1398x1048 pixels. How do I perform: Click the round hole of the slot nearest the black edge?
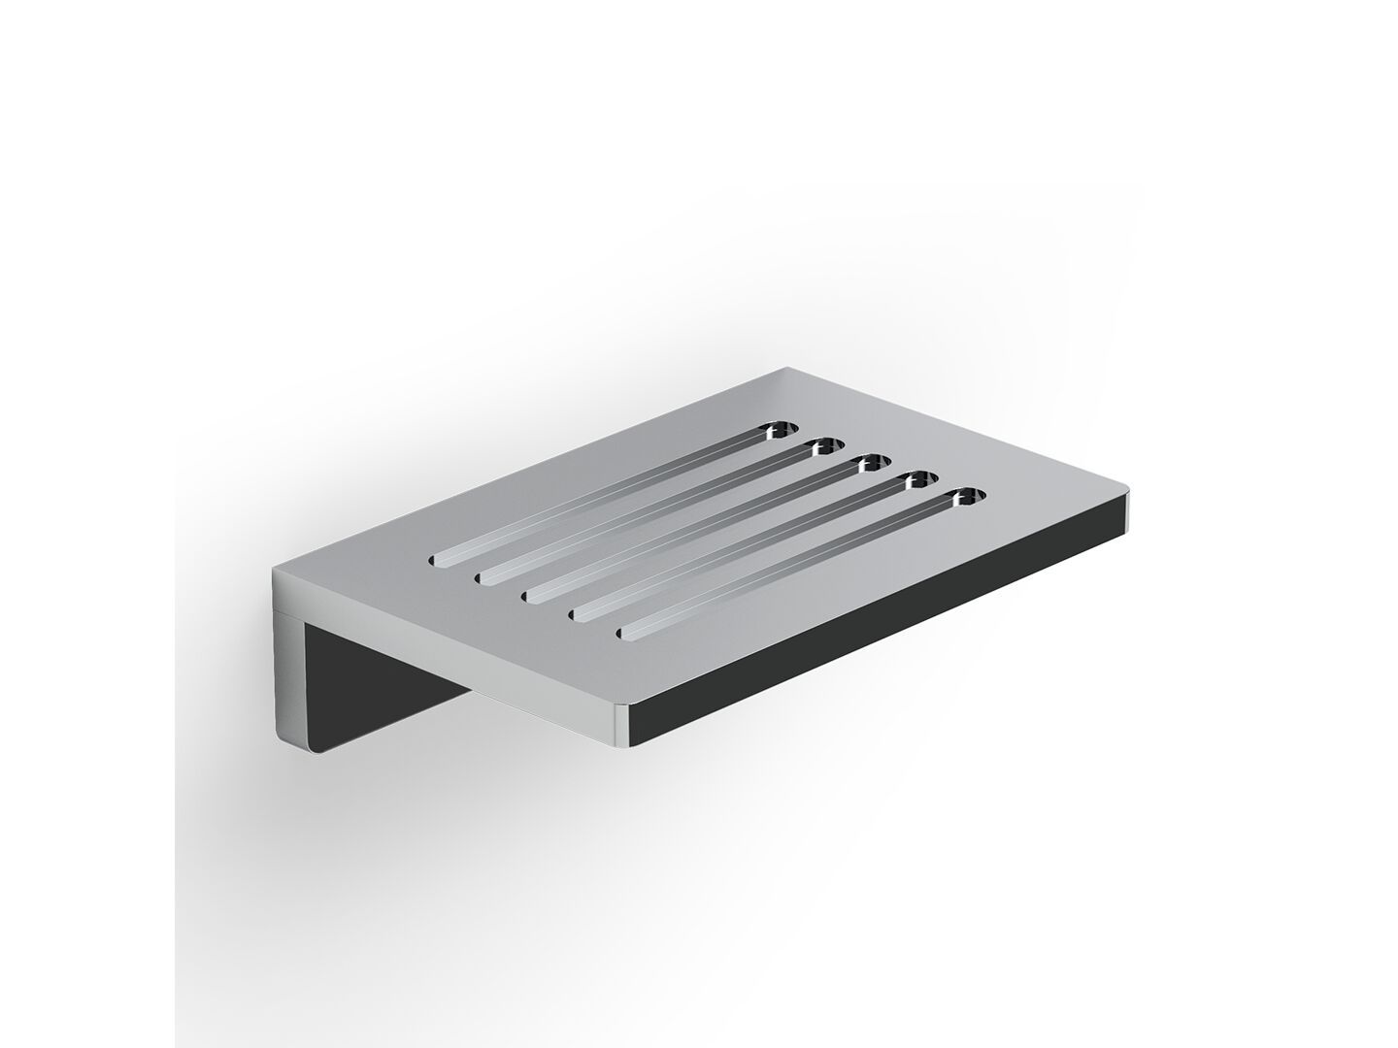pos(965,498)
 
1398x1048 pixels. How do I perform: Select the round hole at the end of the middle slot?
pos(870,462)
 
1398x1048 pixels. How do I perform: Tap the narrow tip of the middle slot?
pos(531,595)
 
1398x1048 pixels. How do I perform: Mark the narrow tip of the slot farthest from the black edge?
pos(436,558)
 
